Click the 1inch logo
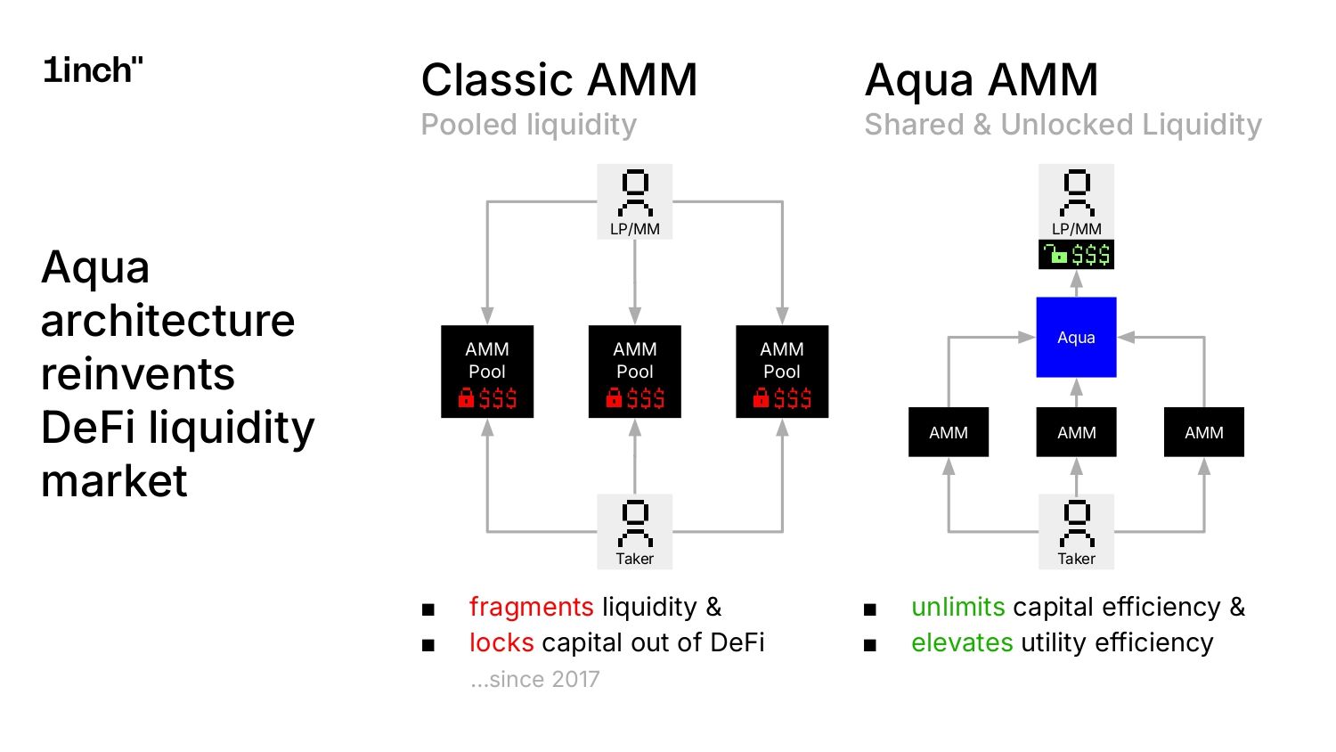tap(93, 70)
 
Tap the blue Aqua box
tap(1076, 337)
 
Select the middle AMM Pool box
tap(634, 371)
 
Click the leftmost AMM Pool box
tap(487, 371)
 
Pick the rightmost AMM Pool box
tap(782, 371)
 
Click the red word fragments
tap(531, 607)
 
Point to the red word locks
tap(501, 642)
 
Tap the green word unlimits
tap(957, 607)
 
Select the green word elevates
tap(962, 642)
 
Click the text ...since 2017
tap(534, 679)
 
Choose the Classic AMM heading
tap(558, 80)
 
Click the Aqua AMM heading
tap(982, 80)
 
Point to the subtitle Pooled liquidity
tap(528, 125)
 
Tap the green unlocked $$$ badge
tap(1076, 256)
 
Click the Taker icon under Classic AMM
tap(634, 531)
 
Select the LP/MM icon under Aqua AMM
tap(1076, 200)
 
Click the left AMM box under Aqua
tap(948, 432)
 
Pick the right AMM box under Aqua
tap(1203, 432)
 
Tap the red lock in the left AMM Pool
tap(466, 398)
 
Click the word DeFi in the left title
tap(89, 428)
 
